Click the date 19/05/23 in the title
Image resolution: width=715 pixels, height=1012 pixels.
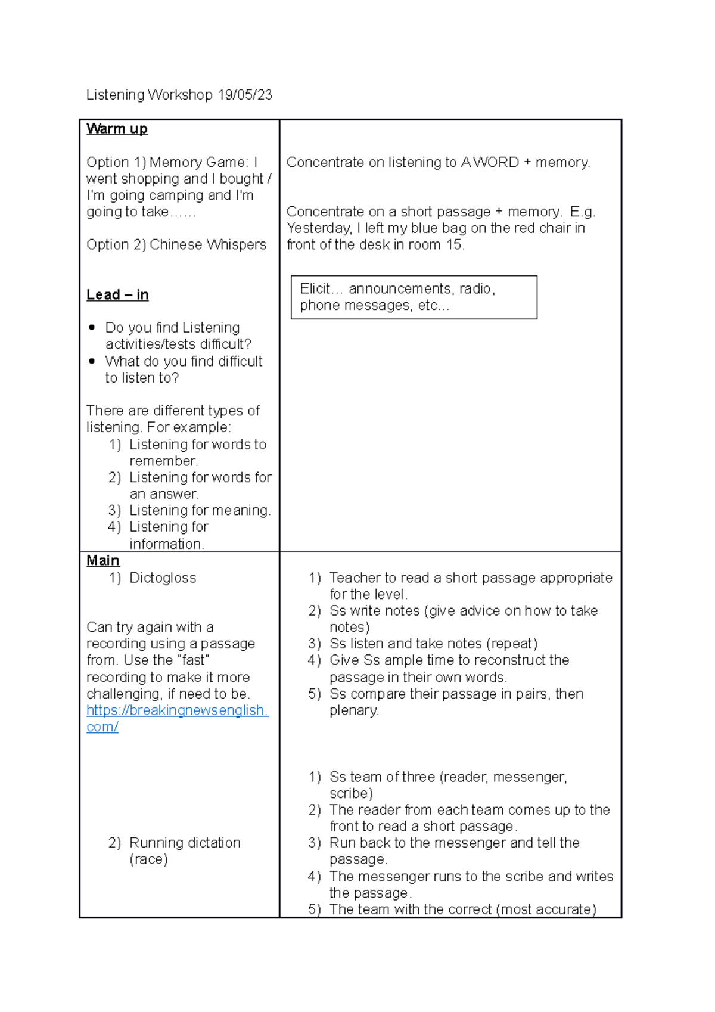[x=244, y=95]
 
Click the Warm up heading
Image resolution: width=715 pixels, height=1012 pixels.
[x=117, y=129]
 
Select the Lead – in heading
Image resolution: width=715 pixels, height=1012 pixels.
[x=117, y=294]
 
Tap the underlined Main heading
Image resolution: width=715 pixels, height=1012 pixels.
[x=102, y=560]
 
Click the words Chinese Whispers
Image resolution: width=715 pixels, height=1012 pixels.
[x=207, y=244]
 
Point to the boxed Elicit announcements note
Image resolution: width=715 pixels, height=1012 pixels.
[x=414, y=297]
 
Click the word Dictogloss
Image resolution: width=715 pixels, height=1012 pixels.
[x=163, y=578]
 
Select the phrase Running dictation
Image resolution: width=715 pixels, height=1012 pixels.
[x=185, y=842]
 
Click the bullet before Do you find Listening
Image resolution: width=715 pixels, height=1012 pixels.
[x=92, y=327]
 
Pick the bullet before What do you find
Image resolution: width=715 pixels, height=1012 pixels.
[x=92, y=361]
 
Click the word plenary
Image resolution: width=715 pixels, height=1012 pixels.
[x=353, y=710]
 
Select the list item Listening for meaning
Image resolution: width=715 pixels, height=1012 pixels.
[x=200, y=510]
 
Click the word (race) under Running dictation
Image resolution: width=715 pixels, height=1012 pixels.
[x=148, y=859]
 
